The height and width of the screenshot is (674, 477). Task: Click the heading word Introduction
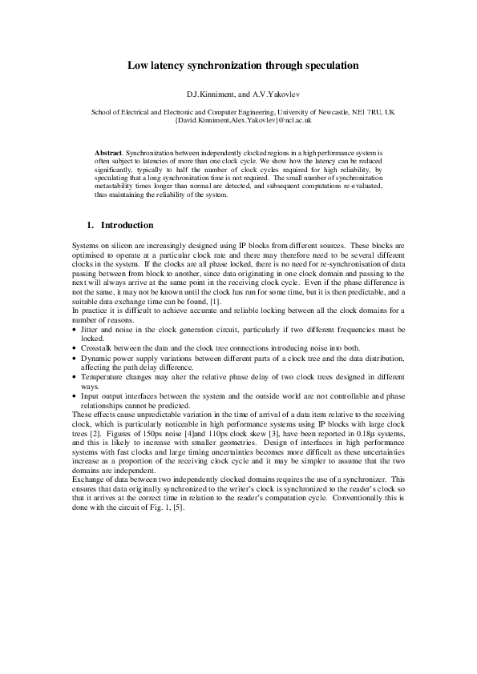127,226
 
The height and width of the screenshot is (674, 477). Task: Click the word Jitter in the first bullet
91,328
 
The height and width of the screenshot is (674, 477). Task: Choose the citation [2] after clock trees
94,433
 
